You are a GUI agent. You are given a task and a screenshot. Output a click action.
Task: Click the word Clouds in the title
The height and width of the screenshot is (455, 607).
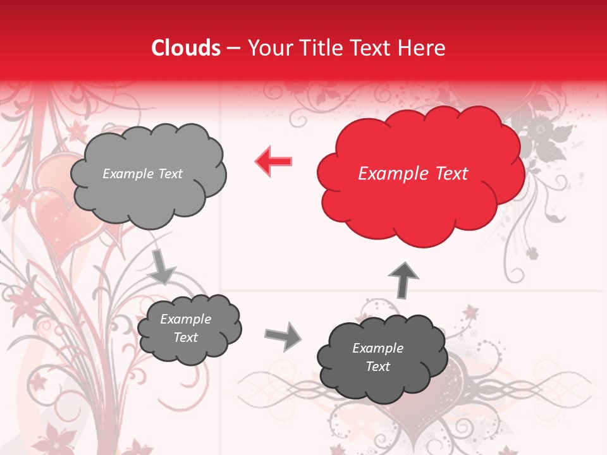[186, 48]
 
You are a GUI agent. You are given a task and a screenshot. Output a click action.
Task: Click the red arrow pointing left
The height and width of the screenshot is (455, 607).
[274, 161]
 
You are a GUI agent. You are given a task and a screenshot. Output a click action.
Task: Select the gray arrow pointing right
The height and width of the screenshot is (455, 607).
[284, 336]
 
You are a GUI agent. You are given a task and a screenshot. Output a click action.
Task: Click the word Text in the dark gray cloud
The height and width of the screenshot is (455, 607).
[377, 367]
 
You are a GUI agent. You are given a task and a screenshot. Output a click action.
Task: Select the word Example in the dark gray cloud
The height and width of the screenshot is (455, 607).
[377, 348]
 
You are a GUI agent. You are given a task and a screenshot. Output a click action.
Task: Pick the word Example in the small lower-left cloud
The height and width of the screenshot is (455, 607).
[185, 319]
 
